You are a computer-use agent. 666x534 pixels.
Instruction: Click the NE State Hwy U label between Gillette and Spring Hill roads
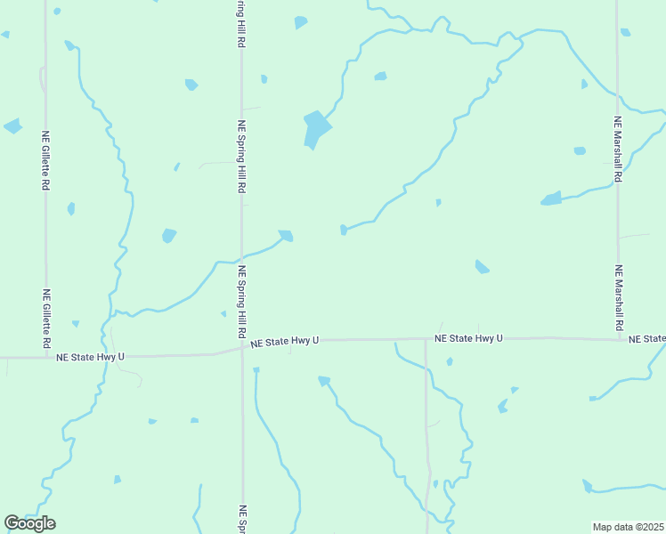(x=90, y=357)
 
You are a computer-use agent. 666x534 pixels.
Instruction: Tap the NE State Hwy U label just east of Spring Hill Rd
(x=284, y=341)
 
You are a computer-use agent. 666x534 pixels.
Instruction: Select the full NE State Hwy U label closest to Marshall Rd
(x=468, y=338)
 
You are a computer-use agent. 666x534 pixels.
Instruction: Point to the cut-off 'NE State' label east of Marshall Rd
(x=646, y=339)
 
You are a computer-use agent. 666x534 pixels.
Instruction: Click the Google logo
(x=29, y=523)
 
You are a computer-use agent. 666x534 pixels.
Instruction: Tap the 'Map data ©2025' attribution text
(x=628, y=526)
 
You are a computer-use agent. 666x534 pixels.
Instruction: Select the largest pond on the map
(x=315, y=129)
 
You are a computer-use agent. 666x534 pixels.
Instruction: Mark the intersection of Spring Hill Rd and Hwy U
(x=241, y=348)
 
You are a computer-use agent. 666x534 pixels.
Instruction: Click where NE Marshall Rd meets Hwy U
(x=618, y=338)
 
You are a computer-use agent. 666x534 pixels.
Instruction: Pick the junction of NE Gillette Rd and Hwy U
(x=46, y=357)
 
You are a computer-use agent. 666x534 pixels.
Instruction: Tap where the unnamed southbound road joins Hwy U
(x=426, y=339)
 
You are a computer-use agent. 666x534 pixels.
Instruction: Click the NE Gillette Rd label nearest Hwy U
(x=46, y=318)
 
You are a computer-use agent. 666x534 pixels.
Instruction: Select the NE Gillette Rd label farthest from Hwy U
(x=45, y=161)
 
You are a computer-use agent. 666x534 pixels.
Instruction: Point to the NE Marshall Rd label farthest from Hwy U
(x=618, y=149)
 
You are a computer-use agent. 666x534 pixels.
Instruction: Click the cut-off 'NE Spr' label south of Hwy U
(x=241, y=520)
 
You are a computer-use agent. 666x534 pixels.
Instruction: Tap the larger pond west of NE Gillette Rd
(x=12, y=125)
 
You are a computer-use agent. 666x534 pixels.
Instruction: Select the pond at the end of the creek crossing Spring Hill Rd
(x=286, y=236)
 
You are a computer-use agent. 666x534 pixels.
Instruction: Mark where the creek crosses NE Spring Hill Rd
(x=241, y=261)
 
